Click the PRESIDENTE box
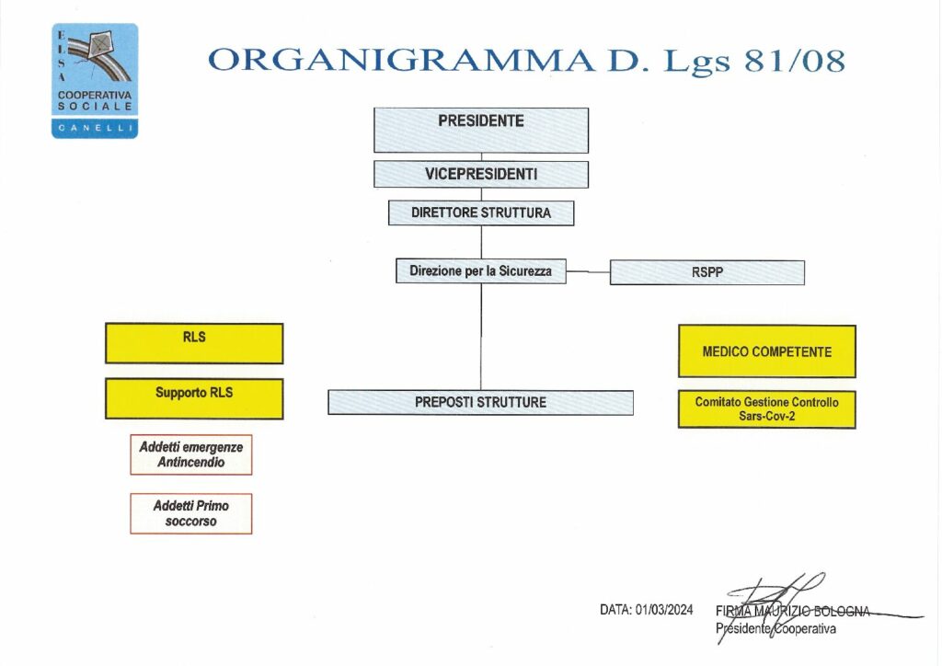click(480, 130)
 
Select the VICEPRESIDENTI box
click(480, 174)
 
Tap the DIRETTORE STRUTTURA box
click(480, 212)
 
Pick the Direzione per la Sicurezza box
click(480, 271)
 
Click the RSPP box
click(706, 272)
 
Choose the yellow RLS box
click(194, 343)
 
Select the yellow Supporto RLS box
click(194, 398)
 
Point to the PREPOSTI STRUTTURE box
click(480, 402)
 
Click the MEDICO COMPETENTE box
click(766, 351)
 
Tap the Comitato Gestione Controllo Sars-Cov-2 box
click(766, 409)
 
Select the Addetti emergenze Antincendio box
click(191, 454)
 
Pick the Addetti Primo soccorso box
click(191, 513)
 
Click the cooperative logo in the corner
click(95, 80)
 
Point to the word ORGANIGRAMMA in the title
click(400, 60)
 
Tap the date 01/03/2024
click(663, 609)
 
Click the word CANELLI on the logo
click(95, 129)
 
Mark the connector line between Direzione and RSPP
click(588, 272)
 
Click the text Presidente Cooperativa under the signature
click(775, 628)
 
